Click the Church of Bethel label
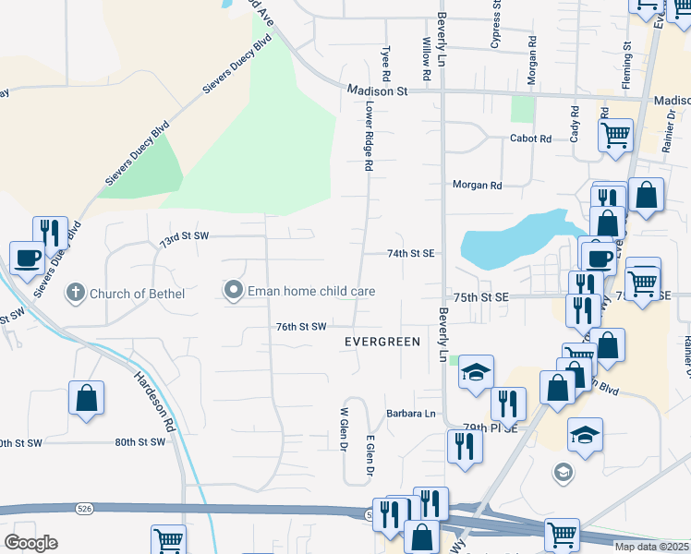pyautogui.click(x=137, y=294)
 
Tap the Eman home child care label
pyautogui.click(x=309, y=292)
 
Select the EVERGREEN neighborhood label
pyautogui.click(x=382, y=342)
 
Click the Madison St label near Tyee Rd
pyautogui.click(x=378, y=91)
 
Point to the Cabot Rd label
pyautogui.click(x=530, y=138)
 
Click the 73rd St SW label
pyautogui.click(x=185, y=236)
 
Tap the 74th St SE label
pyautogui.click(x=410, y=253)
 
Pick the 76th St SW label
pyautogui.click(x=301, y=326)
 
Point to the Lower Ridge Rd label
pyautogui.click(x=368, y=137)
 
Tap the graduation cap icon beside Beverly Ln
pyautogui.click(x=476, y=371)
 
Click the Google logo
pyautogui.click(x=30, y=543)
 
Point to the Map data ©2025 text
pyautogui.click(x=649, y=547)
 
